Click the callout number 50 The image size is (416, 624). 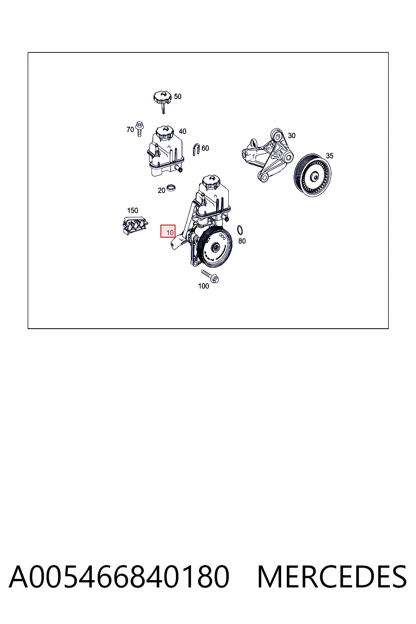[x=178, y=96]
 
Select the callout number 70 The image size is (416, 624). [x=130, y=130]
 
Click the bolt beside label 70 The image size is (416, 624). [x=139, y=129]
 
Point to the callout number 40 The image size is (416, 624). [x=182, y=131]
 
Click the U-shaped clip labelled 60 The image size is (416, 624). [x=196, y=149]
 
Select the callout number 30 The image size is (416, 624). [x=291, y=135]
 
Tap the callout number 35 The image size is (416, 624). [x=329, y=156]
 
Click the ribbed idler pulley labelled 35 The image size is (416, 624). [x=312, y=175]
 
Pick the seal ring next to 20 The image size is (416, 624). [x=171, y=188]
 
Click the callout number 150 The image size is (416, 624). [x=132, y=210]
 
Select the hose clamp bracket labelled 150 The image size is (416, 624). [x=135, y=225]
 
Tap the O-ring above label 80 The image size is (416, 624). [x=240, y=230]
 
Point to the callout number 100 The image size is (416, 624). [x=204, y=286]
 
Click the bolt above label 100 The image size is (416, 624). [x=210, y=277]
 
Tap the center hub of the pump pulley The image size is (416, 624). [x=215, y=247]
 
